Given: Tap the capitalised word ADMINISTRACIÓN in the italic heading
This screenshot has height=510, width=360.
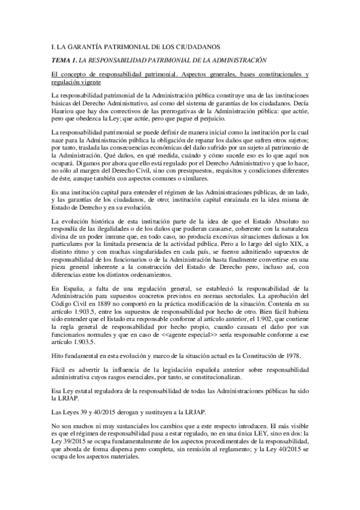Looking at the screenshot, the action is pyautogui.click(x=237, y=60).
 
